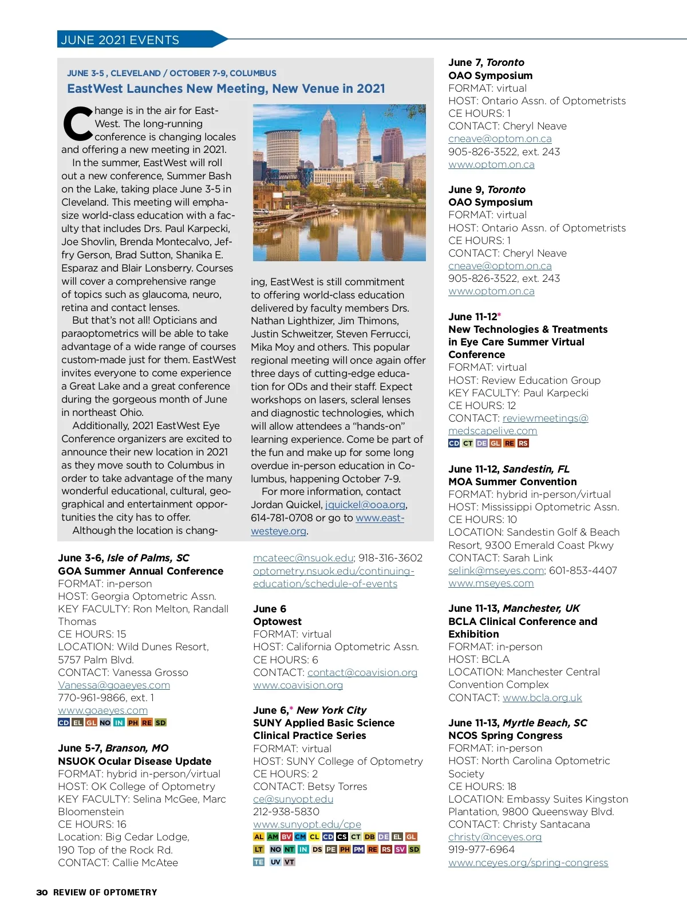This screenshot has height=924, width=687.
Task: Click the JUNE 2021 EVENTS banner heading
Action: coord(120,40)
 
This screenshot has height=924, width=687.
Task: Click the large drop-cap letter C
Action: coord(77,124)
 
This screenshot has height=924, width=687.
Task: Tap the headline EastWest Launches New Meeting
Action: coord(226,89)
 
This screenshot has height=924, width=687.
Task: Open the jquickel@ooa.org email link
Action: coord(365,505)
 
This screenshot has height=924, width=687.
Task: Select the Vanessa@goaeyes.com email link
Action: coord(114,685)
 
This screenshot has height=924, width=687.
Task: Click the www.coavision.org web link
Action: coord(298,685)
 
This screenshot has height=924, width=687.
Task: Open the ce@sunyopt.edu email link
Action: coord(293,799)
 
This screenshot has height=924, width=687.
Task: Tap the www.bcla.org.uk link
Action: coord(542,698)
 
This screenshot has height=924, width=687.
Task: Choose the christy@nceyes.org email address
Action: coord(495,837)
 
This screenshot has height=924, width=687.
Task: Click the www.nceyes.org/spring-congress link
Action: coord(528,863)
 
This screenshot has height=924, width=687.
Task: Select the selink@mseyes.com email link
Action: coord(496,571)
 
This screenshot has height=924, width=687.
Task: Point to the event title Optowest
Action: coord(277,622)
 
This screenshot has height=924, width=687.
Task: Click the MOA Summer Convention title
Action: coord(512,482)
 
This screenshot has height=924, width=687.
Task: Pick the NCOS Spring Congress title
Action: coord(505,736)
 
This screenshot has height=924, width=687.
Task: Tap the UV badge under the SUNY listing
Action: coord(275,862)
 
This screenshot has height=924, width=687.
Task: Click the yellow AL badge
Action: coord(259,837)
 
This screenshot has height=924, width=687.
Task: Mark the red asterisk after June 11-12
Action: coord(499,315)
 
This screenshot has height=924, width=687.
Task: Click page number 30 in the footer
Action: coord(42,892)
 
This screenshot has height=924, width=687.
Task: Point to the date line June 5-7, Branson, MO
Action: coord(113,748)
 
